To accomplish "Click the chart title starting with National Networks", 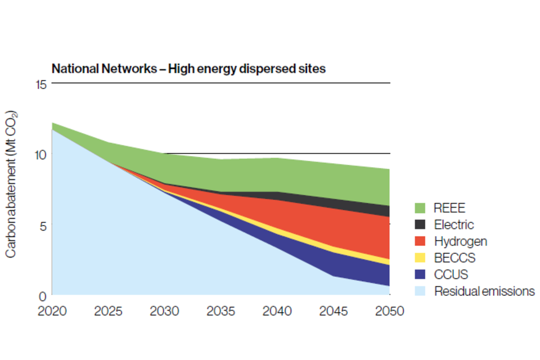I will click(188, 69).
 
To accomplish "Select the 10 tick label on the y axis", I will click(39, 154).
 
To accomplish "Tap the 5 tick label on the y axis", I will click(42, 224).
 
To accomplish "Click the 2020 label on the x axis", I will click(52, 311).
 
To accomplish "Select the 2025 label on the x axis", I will click(108, 311).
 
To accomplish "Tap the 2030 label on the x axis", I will click(164, 311).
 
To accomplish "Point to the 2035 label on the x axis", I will click(220, 311).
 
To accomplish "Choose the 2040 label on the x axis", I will click(277, 311).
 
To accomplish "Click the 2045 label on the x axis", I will click(333, 311).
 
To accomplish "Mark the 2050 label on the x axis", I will click(389, 311).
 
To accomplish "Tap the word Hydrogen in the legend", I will click(461, 241).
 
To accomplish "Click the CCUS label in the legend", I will click(451, 274).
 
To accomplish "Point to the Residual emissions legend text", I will click(484, 291).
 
